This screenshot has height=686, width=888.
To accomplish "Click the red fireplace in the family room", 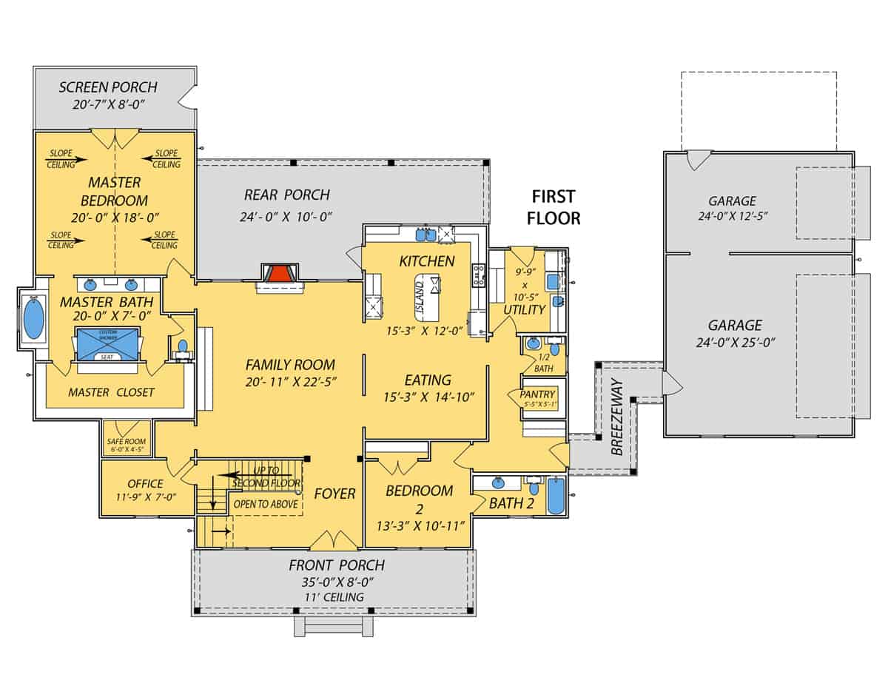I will tap(278, 275).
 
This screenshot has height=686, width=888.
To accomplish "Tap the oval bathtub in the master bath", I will tap(34, 319).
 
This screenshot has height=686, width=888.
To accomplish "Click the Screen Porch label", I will tap(108, 87).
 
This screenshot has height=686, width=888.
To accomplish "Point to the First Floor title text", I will tap(553, 207).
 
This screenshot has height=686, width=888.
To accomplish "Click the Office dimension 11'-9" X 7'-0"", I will tap(145, 497).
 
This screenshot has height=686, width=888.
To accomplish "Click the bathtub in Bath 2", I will tap(555, 495).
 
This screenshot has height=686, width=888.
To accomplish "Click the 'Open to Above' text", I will tap(266, 504).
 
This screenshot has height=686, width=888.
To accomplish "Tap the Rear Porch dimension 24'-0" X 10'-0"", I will tap(286, 217).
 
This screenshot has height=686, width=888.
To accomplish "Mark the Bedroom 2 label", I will tap(420, 499).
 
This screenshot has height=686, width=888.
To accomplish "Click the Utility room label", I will tap(524, 309).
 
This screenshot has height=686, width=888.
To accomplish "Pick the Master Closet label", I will tap(111, 392).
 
